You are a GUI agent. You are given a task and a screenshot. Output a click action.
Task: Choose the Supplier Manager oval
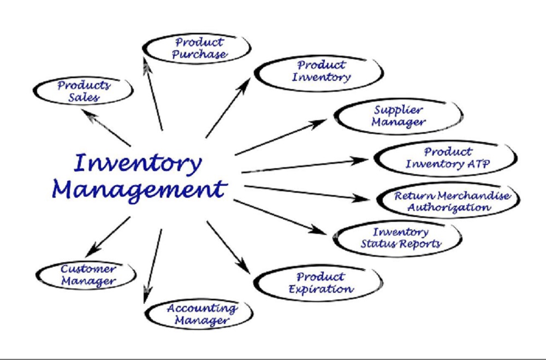pyautogui.click(x=398, y=116)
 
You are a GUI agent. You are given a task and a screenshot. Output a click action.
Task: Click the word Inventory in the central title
pyautogui.click(x=138, y=162)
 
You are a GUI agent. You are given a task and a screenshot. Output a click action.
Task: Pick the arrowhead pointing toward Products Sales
pyautogui.click(x=87, y=114)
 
